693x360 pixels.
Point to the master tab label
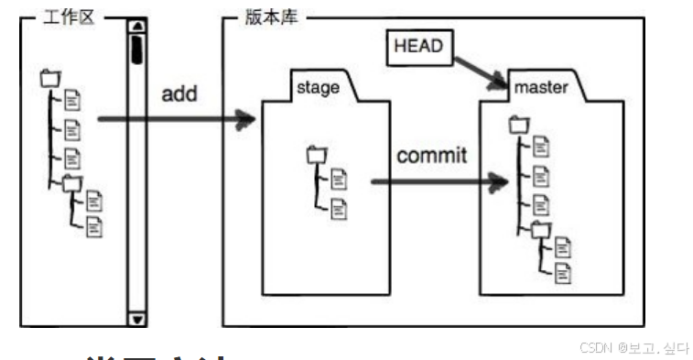[x=539, y=88]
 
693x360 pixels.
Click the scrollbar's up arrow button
[x=137, y=26]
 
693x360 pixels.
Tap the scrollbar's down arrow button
[x=137, y=319]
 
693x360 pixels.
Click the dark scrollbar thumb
[x=137, y=47]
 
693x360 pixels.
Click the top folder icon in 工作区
[x=49, y=80]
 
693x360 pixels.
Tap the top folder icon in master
[x=519, y=124]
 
